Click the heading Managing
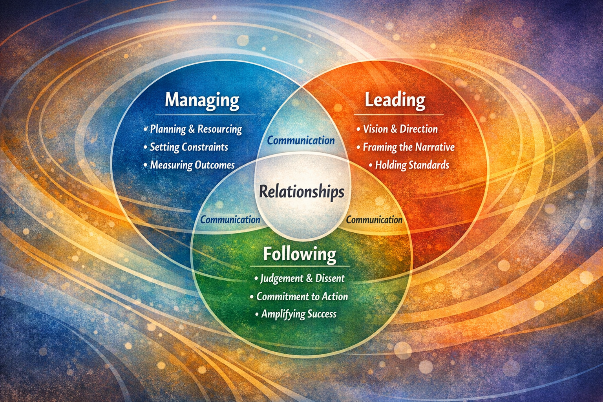point(202,100)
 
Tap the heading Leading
point(395,100)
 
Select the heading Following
point(300,254)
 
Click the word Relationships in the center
point(301,192)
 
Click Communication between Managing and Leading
point(301,141)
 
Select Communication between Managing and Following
point(230,219)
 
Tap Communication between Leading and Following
point(374,219)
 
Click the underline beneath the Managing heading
point(204,115)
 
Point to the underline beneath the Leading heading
point(398,115)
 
